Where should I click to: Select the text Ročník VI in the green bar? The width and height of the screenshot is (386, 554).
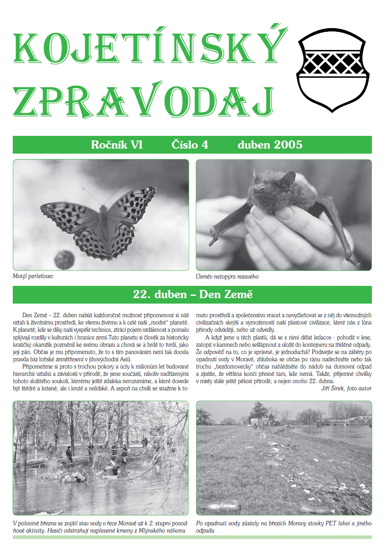pos(117,145)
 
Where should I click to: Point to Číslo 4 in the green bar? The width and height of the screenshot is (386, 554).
pos(190,145)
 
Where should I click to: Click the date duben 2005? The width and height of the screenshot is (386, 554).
pos(270,145)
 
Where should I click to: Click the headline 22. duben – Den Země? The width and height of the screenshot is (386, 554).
pos(193,294)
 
